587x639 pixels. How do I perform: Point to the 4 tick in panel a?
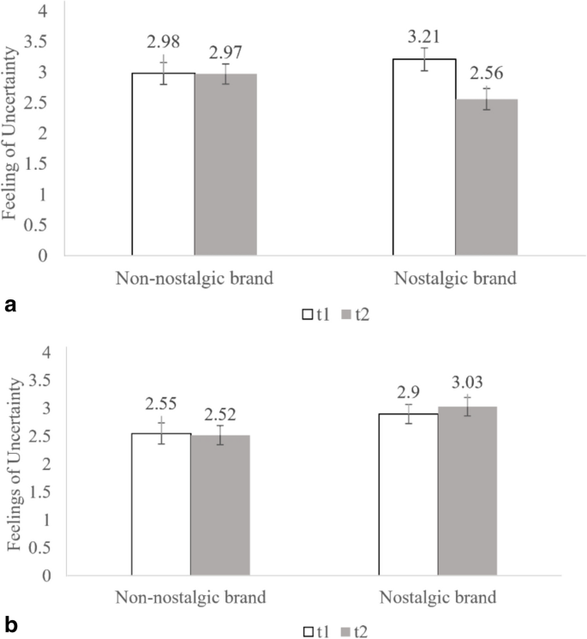[x=44, y=12]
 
